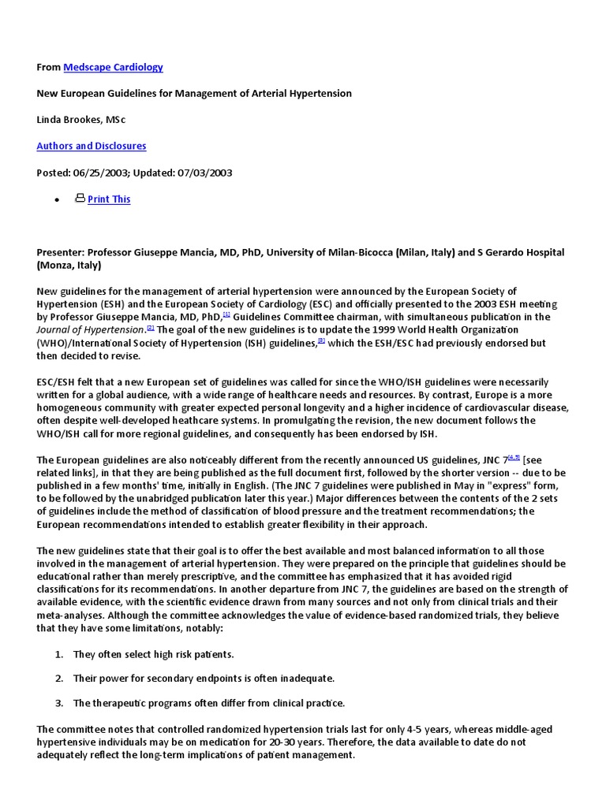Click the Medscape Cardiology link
click(x=113, y=67)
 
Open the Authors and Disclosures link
click(x=91, y=146)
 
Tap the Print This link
click(x=109, y=199)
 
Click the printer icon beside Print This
click(x=80, y=199)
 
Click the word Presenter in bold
click(x=60, y=252)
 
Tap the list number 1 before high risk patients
click(x=59, y=654)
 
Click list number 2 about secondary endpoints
click(x=59, y=679)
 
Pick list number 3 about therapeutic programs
click(x=59, y=703)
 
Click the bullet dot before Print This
click(x=57, y=200)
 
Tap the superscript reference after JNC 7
click(x=514, y=456)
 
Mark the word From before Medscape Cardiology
click(x=48, y=67)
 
